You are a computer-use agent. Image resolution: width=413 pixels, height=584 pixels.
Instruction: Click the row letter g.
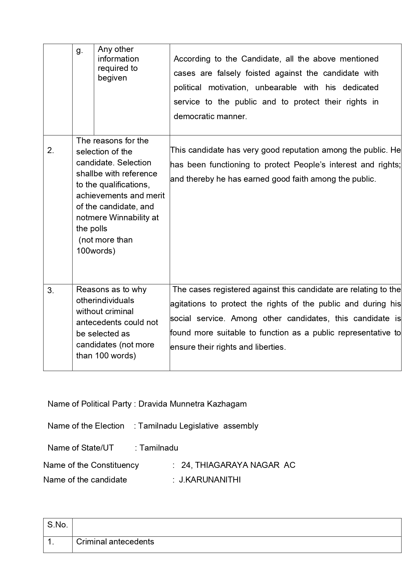tap(79, 51)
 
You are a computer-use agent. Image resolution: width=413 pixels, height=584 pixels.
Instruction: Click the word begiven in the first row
tap(112, 78)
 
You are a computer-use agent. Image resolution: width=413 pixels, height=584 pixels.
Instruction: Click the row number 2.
tap(51, 150)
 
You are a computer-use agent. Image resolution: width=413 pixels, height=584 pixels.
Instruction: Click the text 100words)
tap(96, 251)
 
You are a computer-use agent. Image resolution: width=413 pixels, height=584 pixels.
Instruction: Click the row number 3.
tap(51, 291)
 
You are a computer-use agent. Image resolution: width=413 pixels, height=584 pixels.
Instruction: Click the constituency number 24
tap(185, 465)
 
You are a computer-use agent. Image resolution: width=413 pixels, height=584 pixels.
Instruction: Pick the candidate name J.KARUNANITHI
tap(210, 480)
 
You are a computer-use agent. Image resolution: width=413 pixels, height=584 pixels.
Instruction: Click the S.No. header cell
tap(58, 525)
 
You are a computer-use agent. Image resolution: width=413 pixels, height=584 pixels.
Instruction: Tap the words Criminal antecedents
tap(115, 542)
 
